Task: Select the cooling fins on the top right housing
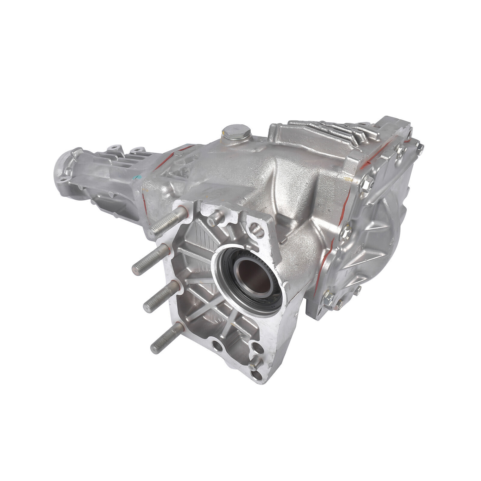coord(331,132)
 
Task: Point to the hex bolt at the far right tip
coord(420,147)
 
